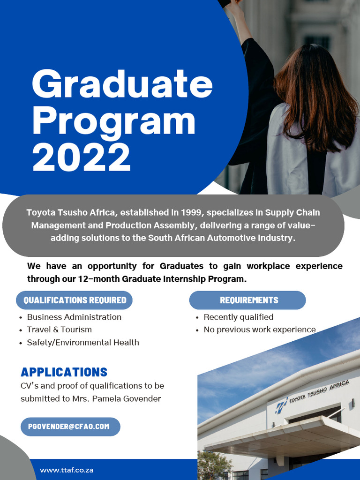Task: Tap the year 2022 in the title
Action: (81, 157)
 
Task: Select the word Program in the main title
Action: (113, 121)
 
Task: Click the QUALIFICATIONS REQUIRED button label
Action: (75, 300)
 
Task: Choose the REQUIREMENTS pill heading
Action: (249, 300)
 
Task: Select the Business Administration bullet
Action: (74, 317)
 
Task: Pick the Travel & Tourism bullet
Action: (59, 330)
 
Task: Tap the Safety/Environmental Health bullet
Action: (82, 342)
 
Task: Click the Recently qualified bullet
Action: (238, 317)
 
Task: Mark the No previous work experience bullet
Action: (259, 330)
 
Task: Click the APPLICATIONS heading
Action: (64, 372)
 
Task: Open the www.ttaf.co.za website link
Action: (67, 470)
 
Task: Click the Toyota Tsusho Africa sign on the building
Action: (319, 392)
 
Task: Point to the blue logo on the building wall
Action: (281, 404)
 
